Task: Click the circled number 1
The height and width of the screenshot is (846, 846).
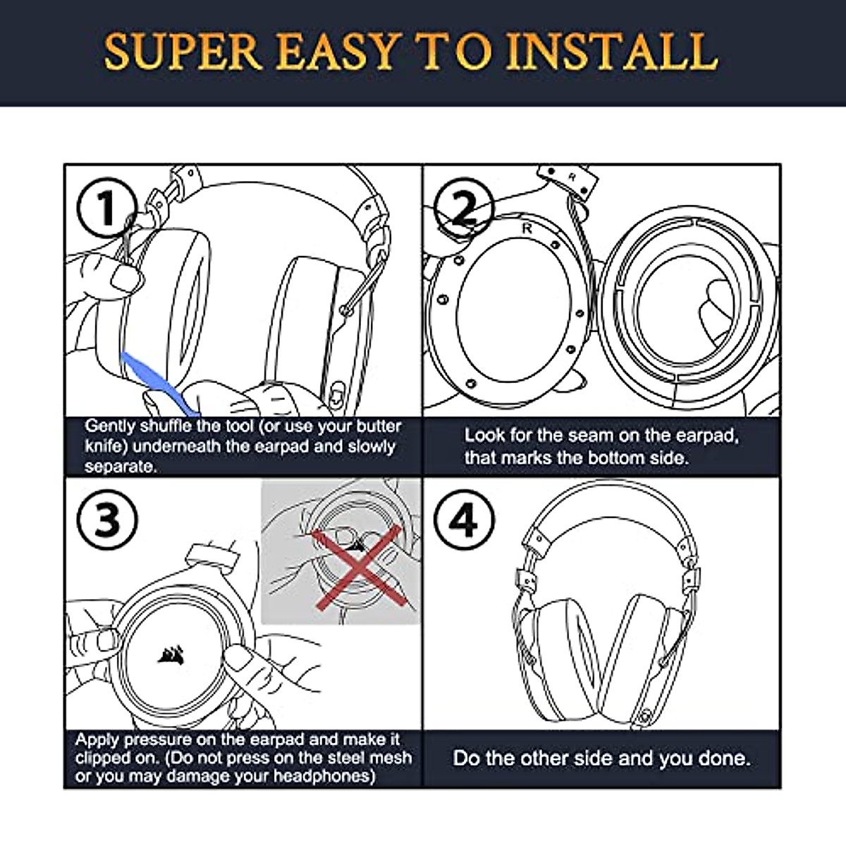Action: click(x=107, y=207)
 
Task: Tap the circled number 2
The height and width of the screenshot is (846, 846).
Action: click(x=464, y=207)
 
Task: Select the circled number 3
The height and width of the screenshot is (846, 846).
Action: click(x=107, y=520)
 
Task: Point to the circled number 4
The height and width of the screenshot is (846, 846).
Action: click(x=464, y=520)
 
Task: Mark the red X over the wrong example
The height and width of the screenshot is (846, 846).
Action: click(x=359, y=567)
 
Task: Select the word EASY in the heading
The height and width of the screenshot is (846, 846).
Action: click(x=336, y=51)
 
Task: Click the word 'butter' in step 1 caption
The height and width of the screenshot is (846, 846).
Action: click(x=379, y=426)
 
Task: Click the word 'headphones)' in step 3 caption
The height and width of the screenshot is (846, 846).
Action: click(x=324, y=775)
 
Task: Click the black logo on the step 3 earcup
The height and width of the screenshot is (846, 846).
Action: click(x=171, y=656)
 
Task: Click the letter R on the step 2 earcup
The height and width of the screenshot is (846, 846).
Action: click(x=527, y=228)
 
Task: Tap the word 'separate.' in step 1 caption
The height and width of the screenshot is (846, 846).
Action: click(x=121, y=466)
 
